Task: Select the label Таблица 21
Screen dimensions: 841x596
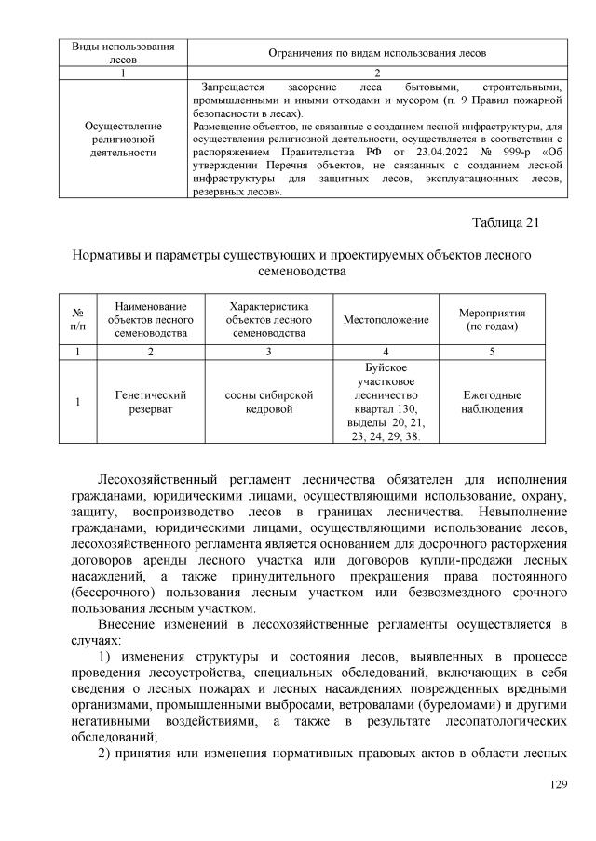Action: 507,221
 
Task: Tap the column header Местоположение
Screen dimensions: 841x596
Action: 386,320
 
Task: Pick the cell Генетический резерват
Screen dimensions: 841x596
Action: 150,401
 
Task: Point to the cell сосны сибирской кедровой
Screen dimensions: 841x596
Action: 268,401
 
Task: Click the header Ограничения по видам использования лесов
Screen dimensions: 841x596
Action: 376,54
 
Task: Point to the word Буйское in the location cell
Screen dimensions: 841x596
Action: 386,368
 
